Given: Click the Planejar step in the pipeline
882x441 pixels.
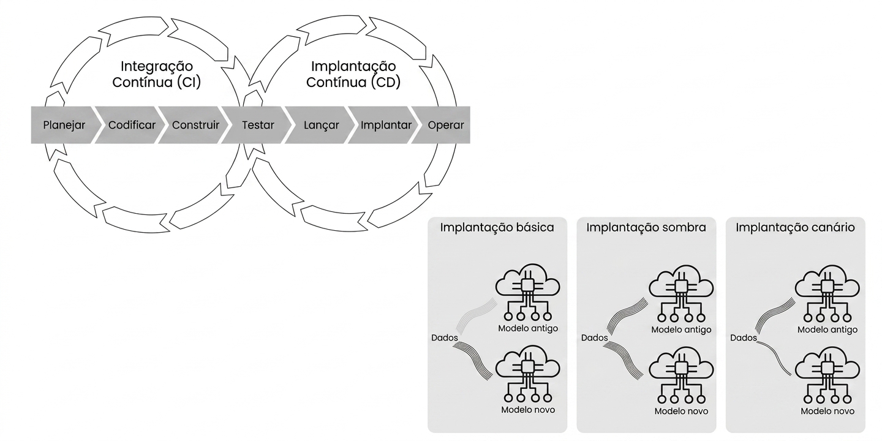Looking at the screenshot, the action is click(63, 125).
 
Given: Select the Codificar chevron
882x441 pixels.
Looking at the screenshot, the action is click(130, 125).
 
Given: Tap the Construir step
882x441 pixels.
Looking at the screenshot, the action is click(194, 125).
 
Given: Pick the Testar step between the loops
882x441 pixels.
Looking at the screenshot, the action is click(257, 125).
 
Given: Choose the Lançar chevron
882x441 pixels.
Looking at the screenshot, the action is click(320, 125).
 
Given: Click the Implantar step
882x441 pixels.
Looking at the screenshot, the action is click(384, 125).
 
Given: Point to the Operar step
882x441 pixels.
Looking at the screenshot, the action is click(443, 125).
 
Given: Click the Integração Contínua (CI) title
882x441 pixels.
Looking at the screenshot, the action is click(157, 74).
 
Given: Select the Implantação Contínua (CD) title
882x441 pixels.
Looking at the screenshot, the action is click(353, 74).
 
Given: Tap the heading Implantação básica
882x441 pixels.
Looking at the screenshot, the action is click(497, 228).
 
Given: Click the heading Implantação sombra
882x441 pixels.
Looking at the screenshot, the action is click(646, 228).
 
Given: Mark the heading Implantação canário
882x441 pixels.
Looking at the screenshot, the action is click(796, 228).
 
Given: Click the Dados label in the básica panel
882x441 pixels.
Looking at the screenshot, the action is click(445, 338).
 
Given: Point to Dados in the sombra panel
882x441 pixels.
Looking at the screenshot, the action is click(595, 338).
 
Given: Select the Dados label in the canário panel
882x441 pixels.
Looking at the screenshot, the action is click(744, 338).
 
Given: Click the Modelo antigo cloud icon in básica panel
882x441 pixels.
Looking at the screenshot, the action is click(527, 292).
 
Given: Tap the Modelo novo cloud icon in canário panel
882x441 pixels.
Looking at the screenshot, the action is click(827, 375).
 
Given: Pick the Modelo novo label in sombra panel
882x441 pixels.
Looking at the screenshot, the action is click(681, 411).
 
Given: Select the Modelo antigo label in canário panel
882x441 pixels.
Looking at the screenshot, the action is click(827, 330).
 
